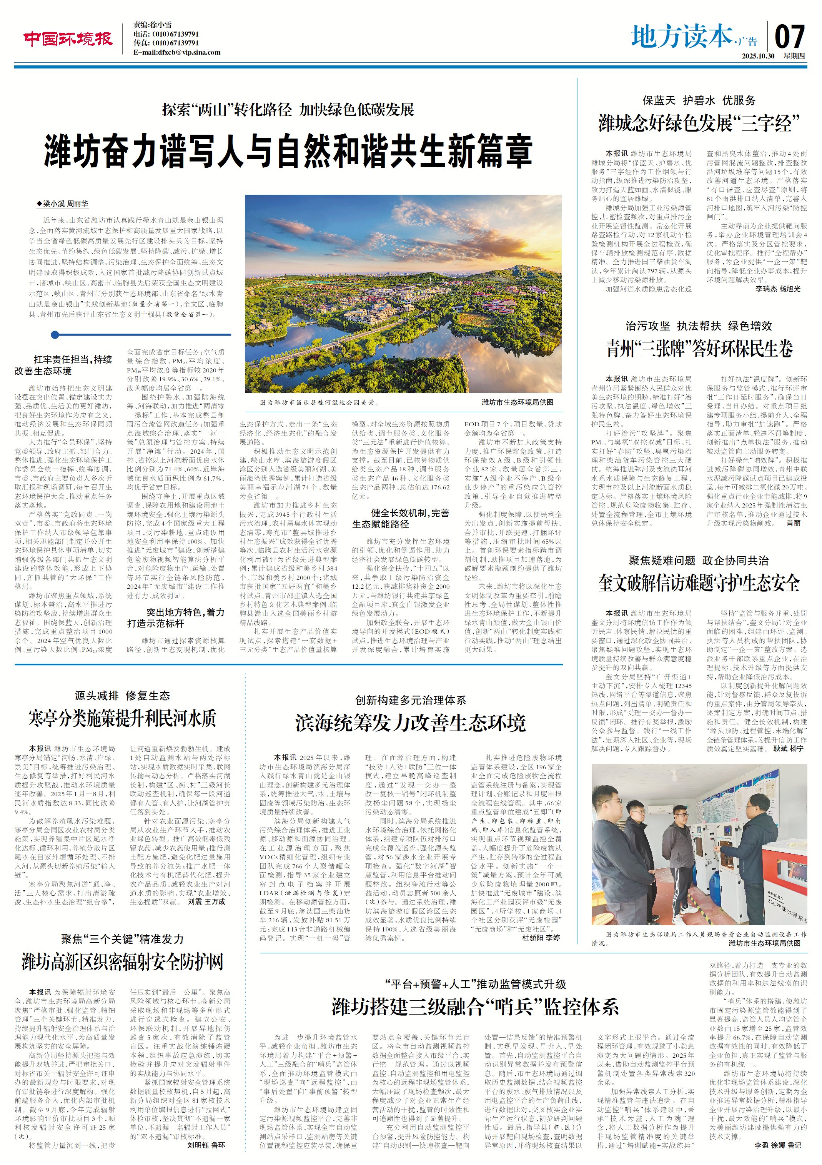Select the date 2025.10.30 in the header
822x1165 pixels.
pos(757,56)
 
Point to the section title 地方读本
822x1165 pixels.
pos(682,37)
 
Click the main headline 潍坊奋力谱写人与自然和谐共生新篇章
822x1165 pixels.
pos(288,151)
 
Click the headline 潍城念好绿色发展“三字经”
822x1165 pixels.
pos(699,123)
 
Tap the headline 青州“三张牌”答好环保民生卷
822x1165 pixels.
pos(699,349)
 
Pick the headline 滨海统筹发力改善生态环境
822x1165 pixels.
pos(411,723)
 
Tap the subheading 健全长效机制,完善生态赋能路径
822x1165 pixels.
pos(401,519)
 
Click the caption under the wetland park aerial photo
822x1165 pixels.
pos(319,402)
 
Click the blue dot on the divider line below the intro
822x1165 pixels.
pos(55,334)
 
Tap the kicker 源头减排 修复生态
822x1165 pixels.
pos(122,696)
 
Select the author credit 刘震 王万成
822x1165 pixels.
pos(206,902)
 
